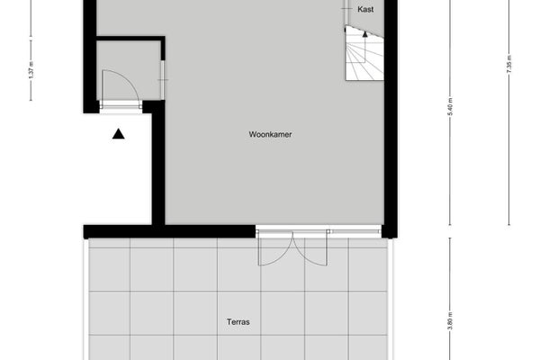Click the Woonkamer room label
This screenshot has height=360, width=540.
(270, 134)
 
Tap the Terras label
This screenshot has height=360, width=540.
(238, 322)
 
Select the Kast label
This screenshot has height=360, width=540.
(365, 9)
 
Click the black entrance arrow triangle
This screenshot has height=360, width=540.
(118, 134)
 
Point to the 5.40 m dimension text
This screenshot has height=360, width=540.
(451, 107)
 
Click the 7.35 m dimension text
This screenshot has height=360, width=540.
(509, 64)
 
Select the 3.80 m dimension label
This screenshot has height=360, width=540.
(451, 320)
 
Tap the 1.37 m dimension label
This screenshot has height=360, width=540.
(31, 70)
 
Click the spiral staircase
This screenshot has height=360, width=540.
(364, 53)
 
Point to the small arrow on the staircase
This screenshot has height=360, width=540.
(365, 33)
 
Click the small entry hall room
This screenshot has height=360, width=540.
(128, 70)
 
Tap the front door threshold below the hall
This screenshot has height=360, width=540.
(121, 107)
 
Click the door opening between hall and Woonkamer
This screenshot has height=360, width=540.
(163, 80)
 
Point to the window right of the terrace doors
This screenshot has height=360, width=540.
(355, 230)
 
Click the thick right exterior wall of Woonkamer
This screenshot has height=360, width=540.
(391, 119)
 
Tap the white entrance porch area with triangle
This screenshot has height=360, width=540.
(117, 169)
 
